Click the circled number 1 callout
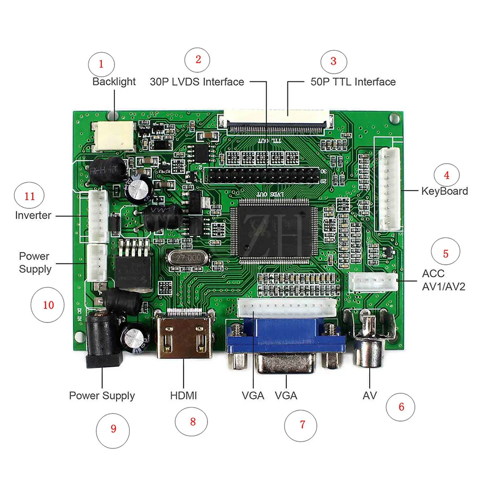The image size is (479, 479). coord(101,63)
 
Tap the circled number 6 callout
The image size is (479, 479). coord(401,407)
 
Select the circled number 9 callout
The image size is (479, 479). coord(113,428)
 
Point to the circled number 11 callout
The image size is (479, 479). coord(30,196)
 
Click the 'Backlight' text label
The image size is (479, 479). coord(114,81)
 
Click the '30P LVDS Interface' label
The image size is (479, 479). coord(197,81)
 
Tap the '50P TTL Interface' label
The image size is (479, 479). coord(353,81)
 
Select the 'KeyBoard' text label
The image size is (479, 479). coord(444,191)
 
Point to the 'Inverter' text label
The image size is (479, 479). coord(33,215)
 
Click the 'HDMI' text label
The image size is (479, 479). coord(183,396)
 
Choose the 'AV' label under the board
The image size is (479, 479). coord(369,396)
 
